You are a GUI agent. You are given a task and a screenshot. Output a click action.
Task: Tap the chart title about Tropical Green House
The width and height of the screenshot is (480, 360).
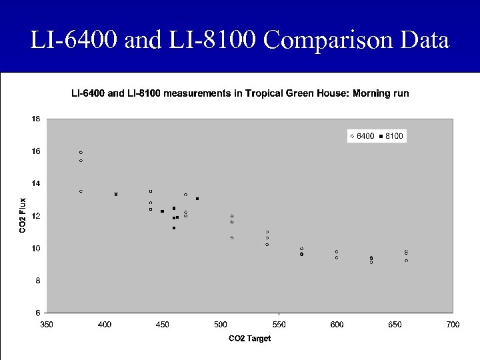click(240, 93)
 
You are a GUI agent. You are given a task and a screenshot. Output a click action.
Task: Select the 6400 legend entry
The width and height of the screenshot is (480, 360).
click(362, 136)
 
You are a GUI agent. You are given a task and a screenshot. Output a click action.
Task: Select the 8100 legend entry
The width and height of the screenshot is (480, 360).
click(392, 136)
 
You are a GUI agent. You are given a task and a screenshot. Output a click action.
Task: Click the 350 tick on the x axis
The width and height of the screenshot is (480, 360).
click(47, 324)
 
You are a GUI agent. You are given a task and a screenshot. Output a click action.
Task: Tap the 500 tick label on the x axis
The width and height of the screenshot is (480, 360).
click(221, 324)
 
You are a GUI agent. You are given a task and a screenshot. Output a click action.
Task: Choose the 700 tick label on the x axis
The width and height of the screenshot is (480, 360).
click(453, 324)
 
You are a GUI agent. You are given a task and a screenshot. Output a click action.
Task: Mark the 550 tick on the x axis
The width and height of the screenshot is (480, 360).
click(279, 324)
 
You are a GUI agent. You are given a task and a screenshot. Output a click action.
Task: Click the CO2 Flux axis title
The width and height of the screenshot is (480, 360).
click(23, 215)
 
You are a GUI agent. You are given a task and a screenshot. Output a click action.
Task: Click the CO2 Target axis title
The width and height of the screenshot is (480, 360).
click(249, 339)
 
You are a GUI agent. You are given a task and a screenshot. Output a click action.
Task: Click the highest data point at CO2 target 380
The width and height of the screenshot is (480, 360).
click(81, 153)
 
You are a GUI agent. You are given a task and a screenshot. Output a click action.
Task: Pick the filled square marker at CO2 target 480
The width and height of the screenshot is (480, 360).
click(197, 199)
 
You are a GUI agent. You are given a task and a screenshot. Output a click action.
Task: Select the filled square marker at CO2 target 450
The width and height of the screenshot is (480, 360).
click(162, 211)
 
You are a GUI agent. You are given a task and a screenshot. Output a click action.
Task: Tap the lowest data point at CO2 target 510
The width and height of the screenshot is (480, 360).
click(232, 238)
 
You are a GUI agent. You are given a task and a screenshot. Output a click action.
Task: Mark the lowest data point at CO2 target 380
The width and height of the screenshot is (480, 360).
click(81, 191)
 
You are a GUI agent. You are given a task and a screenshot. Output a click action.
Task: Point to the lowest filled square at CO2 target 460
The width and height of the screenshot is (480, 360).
click(174, 228)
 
